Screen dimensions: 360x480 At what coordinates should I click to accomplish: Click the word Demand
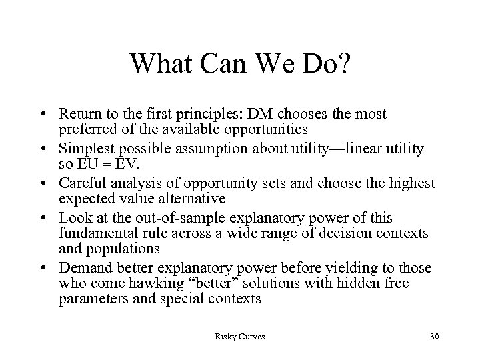pyautogui.click(x=84, y=268)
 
